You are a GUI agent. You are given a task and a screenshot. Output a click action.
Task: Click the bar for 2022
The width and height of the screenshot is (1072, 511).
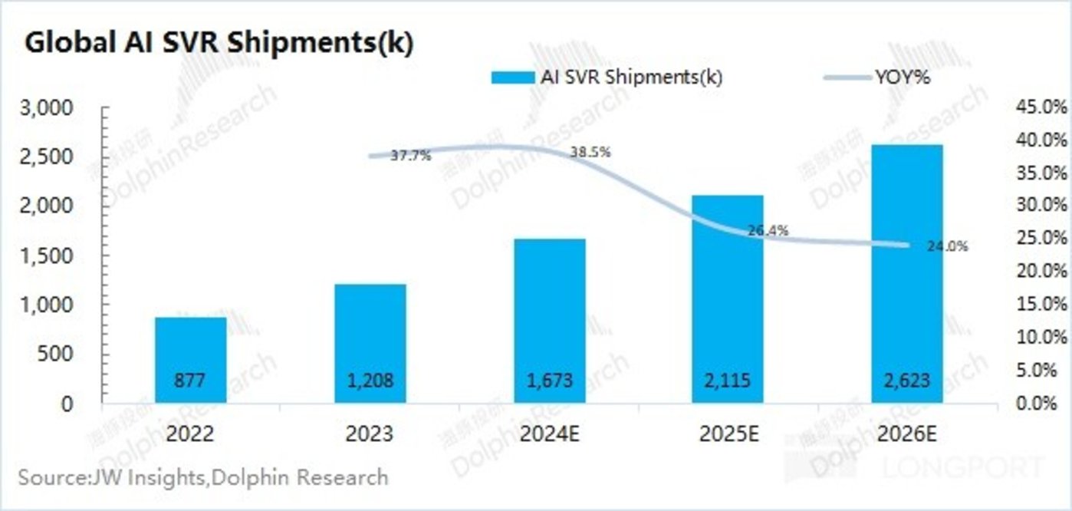(x=190, y=360)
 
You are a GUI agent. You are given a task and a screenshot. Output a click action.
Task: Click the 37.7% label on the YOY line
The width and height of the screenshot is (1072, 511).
(x=410, y=156)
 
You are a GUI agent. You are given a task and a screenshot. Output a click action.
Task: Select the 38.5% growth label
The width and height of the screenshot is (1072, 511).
(x=590, y=152)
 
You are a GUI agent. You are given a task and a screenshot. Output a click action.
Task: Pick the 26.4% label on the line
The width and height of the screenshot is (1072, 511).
(x=768, y=231)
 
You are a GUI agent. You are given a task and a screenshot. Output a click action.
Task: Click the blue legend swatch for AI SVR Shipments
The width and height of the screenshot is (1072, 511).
(x=511, y=77)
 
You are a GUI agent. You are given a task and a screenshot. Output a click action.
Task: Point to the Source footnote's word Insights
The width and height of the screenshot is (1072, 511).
(x=167, y=477)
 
